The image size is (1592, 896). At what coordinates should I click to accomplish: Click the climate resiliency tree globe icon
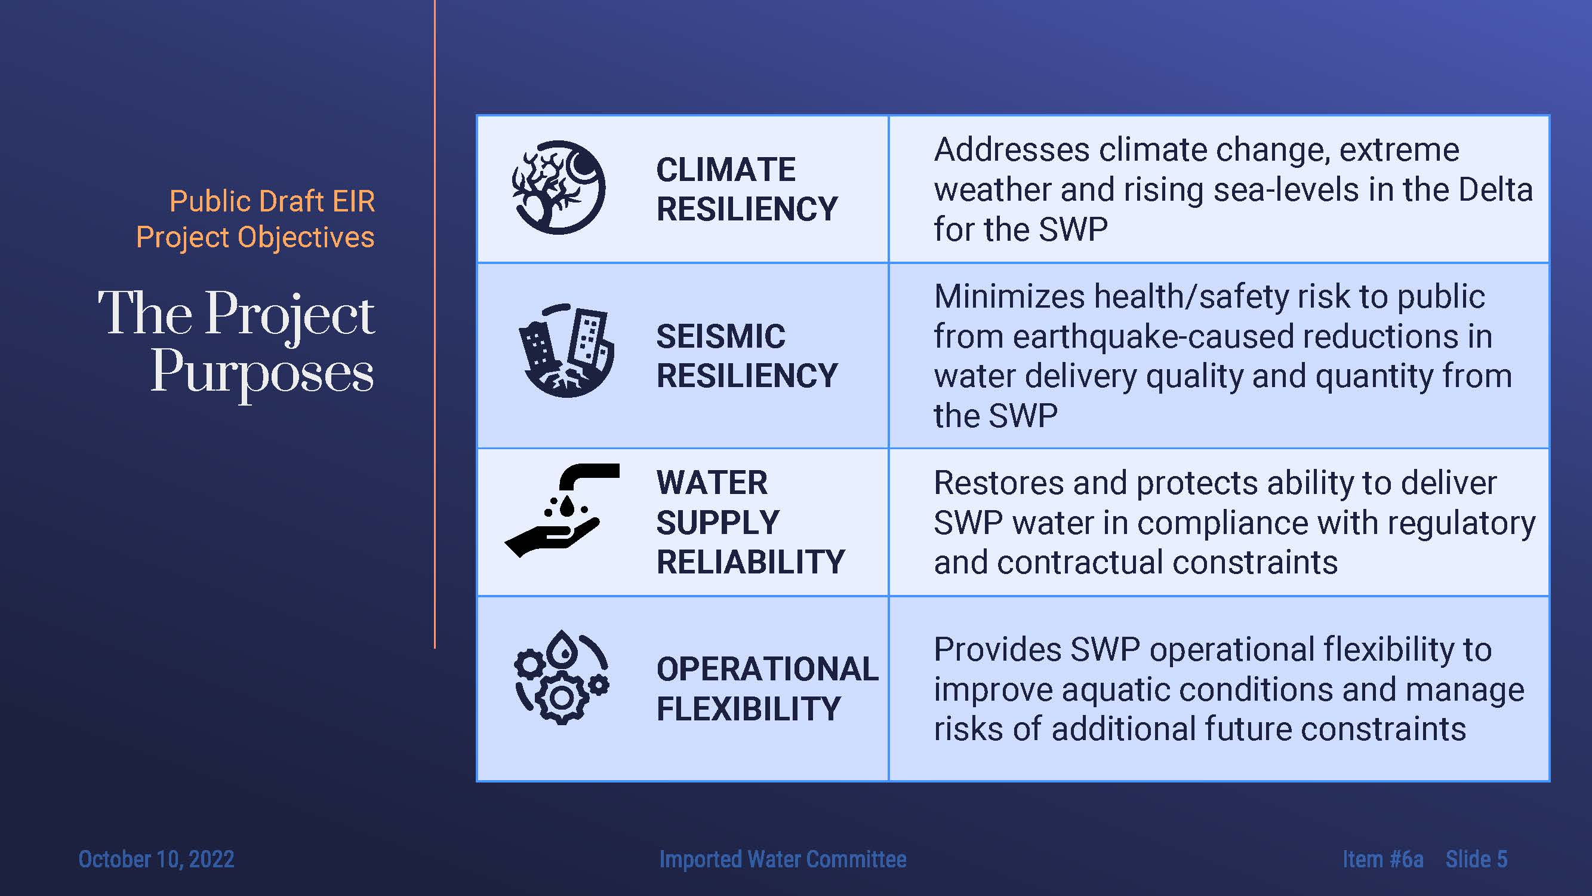tap(559, 188)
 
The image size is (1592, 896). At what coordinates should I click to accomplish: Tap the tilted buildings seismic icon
tap(565, 351)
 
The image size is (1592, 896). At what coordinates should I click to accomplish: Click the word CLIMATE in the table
tap(725, 170)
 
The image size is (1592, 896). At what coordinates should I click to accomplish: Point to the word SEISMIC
tap(720, 336)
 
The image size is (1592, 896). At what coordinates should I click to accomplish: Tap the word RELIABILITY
tap(750, 562)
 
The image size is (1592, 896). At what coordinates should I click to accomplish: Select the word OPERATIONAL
tap(767, 669)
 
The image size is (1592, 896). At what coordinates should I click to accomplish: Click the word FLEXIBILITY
tap(749, 708)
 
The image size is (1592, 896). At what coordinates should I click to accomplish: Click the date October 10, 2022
tap(156, 859)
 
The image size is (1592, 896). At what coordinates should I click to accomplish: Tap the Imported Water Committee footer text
tap(783, 859)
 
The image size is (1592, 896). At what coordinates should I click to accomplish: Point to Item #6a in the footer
tap(1382, 859)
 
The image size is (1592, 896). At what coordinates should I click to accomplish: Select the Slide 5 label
tap(1476, 859)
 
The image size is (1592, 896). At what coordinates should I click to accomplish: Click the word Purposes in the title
tap(263, 373)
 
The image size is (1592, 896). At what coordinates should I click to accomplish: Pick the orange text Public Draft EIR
tap(272, 201)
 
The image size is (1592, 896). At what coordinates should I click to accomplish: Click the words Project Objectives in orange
tap(255, 237)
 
